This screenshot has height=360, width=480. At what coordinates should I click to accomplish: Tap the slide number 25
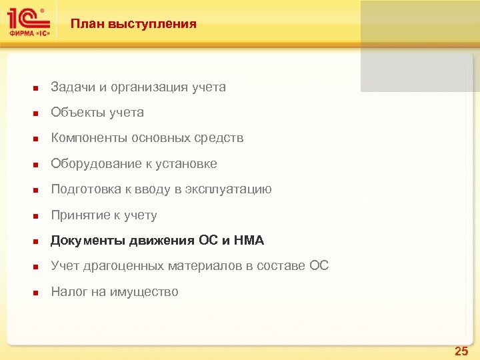461,351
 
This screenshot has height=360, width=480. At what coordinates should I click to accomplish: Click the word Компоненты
89,139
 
